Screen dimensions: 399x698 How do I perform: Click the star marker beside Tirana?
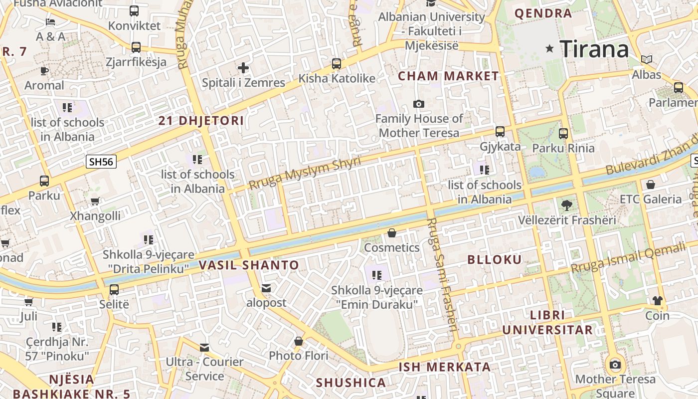[550, 48]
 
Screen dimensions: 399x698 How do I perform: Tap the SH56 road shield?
[101, 162]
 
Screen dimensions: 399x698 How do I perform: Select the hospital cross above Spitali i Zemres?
[243, 67]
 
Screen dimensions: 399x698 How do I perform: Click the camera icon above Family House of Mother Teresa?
[419, 104]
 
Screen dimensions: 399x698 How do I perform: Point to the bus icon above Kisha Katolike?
[337, 63]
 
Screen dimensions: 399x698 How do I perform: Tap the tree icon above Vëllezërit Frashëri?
[566, 204]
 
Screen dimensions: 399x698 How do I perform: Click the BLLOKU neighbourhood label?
[495, 259]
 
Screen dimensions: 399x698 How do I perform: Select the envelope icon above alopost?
[266, 288]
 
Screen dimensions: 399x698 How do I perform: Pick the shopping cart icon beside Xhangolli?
[95, 201]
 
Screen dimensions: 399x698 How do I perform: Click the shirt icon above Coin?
[657, 300]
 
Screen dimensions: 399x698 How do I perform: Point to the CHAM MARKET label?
[448, 76]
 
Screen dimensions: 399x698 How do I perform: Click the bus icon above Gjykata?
[500, 132]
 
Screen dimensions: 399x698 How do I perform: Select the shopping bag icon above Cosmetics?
[392, 233]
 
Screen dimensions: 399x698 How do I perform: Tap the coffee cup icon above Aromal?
[44, 70]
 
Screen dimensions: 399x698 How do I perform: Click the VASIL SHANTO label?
[249, 265]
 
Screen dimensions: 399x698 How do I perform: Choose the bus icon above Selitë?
[114, 289]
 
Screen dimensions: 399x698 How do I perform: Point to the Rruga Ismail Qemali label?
[634, 258]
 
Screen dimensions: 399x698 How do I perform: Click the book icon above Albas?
[647, 60]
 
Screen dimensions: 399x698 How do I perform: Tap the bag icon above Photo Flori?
[299, 341]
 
